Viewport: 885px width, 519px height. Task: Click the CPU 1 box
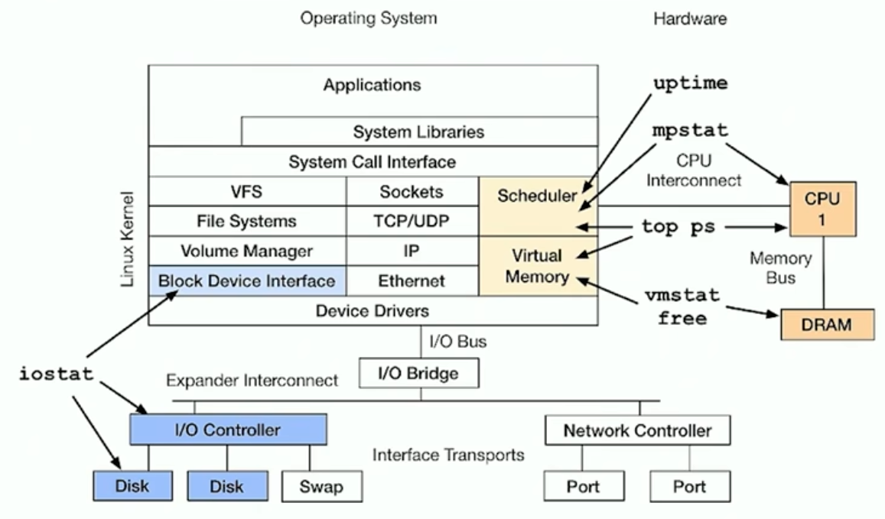(x=822, y=209)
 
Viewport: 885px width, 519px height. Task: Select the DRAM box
(x=827, y=324)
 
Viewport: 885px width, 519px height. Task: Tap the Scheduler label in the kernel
(x=537, y=196)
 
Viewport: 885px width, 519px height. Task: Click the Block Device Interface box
(x=246, y=281)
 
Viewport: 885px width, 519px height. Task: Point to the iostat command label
(x=57, y=374)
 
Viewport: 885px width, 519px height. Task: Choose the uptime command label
(x=690, y=83)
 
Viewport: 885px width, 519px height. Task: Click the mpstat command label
(x=690, y=130)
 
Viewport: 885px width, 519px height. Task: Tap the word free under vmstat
(x=682, y=318)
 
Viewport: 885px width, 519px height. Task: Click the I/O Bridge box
(x=419, y=374)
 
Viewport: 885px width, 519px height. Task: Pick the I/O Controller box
(x=228, y=430)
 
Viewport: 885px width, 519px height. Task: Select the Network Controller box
(x=637, y=430)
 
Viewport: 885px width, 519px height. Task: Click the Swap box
(x=321, y=485)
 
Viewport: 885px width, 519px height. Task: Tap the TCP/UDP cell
(x=412, y=222)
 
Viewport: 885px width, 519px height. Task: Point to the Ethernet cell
(x=412, y=281)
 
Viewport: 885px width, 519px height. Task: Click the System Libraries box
(x=418, y=131)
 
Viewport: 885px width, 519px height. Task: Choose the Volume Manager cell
(x=246, y=251)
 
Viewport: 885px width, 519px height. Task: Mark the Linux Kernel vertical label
(x=128, y=238)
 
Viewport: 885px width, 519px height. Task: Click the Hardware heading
(x=689, y=19)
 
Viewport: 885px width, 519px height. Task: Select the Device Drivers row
(x=373, y=311)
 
